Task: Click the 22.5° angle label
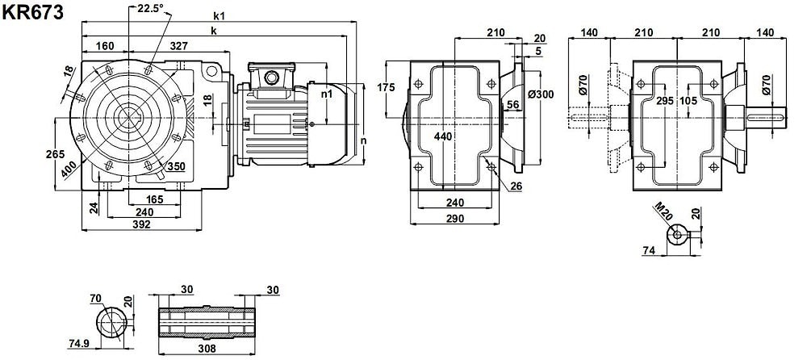149,8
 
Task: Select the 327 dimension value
179,46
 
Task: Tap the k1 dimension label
220,15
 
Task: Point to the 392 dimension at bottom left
141,224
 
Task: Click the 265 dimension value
55,153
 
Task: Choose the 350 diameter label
176,166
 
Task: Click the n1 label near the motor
327,94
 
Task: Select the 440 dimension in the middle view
443,136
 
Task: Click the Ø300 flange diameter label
540,94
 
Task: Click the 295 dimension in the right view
664,101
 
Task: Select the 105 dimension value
688,101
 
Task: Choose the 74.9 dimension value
79,343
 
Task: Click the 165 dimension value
155,199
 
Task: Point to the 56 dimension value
513,104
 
